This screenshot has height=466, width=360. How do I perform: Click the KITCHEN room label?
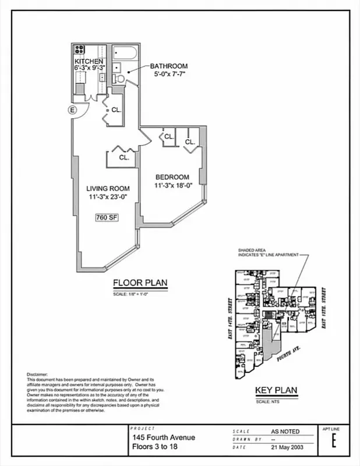89,61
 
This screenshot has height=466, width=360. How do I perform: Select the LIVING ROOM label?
108,189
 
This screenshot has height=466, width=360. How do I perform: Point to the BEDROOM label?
172,177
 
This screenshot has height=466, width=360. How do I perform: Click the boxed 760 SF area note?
107,218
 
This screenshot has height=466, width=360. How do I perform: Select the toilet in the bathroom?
118,78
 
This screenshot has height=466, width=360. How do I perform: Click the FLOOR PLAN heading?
140,284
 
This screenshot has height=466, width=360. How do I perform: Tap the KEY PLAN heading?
277,391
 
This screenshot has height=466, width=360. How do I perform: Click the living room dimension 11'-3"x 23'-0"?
108,197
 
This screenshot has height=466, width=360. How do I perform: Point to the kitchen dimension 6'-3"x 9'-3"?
89,69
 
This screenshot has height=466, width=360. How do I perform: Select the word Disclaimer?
38,375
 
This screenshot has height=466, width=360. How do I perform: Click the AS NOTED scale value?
285,432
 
